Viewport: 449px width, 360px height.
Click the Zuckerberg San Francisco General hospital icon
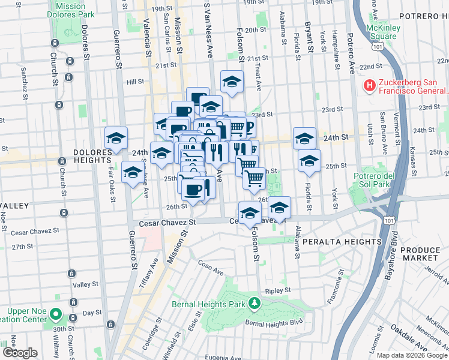tap(368, 86)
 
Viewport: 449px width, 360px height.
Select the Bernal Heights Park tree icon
tap(255, 303)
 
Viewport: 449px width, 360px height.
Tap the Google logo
tap(20, 353)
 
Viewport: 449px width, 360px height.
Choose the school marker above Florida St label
tap(309, 161)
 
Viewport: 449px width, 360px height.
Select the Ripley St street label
tap(278, 290)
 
